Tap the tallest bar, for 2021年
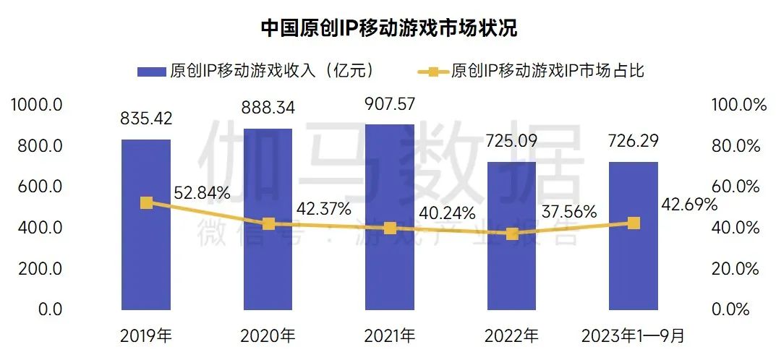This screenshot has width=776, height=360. pyautogui.click(x=390, y=260)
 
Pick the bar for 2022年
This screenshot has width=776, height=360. pyautogui.click(x=512, y=267)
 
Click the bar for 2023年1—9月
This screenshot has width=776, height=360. pyautogui.click(x=634, y=267)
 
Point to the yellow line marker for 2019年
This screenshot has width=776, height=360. pyautogui.click(x=146, y=203)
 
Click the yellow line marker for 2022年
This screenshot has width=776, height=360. pyautogui.click(x=512, y=233)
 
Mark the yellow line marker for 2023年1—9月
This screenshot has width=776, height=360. pyautogui.click(x=634, y=223)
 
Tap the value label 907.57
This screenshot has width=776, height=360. pyautogui.click(x=390, y=104)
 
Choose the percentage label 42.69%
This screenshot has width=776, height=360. pyautogui.click(x=689, y=205)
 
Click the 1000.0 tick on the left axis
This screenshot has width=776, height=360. pyautogui.click(x=38, y=106)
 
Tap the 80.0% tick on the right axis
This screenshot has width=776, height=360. pyautogui.click(x=738, y=146)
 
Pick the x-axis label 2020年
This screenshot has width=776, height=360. pyautogui.click(x=268, y=336)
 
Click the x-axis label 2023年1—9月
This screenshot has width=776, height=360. pyautogui.click(x=634, y=336)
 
